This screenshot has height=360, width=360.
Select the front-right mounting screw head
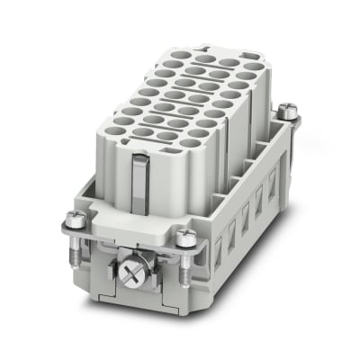186,237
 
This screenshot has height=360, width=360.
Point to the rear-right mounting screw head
288,111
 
